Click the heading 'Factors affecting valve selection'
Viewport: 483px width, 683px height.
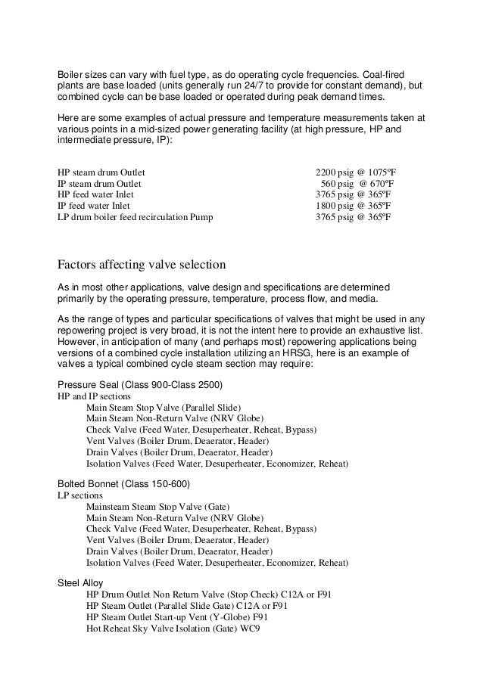point(142,265)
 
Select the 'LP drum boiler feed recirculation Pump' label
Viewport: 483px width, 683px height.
point(136,217)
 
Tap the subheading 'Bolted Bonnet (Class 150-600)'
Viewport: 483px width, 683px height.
point(123,483)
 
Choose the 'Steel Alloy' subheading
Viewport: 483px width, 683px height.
point(80,583)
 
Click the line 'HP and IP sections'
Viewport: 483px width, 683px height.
point(95,396)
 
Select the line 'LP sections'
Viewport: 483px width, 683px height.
point(80,495)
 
